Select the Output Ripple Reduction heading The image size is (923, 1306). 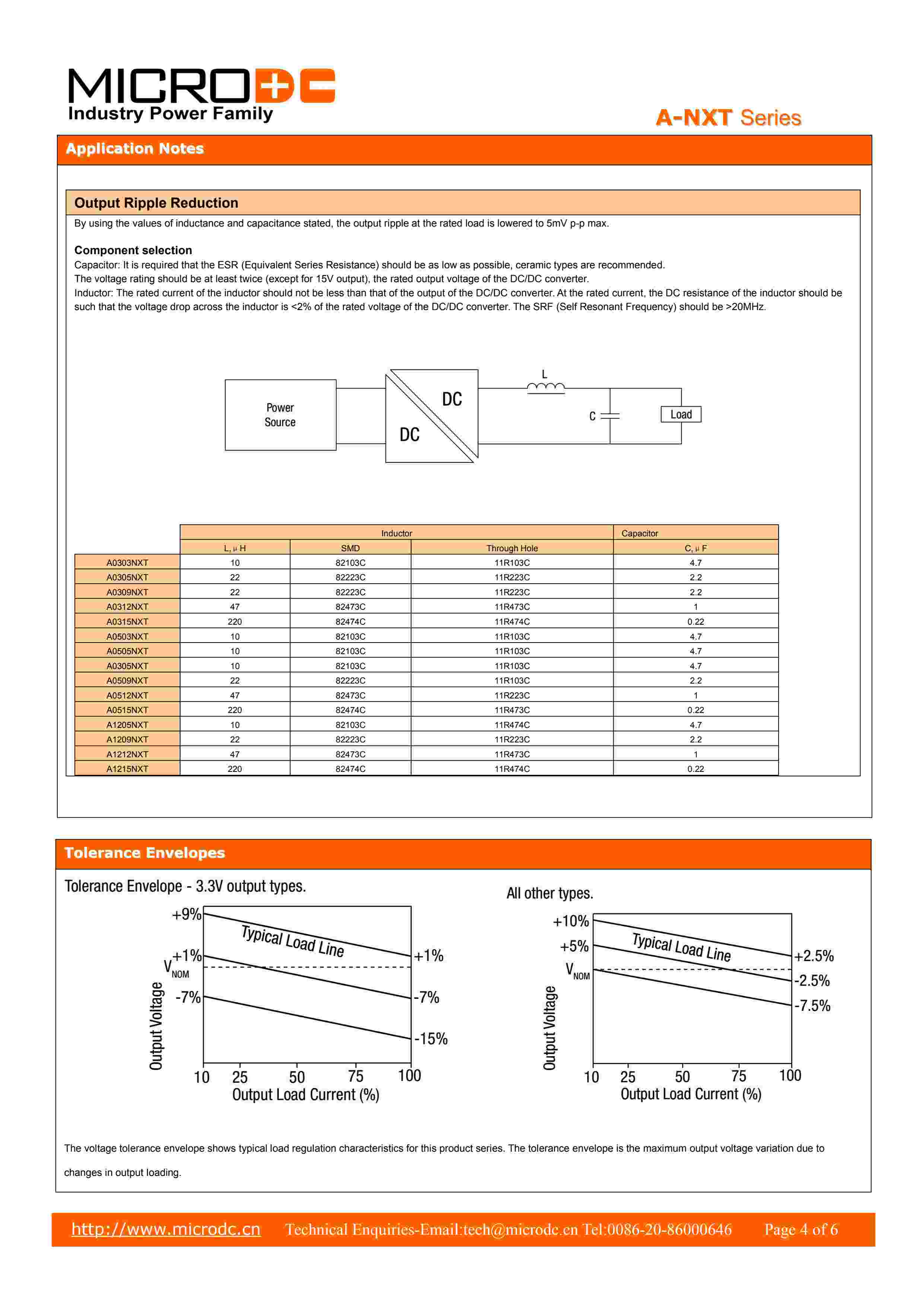tap(156, 203)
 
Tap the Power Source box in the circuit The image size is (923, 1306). tap(280, 415)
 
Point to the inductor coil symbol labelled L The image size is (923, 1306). tap(545, 388)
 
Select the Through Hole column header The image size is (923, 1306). tap(512, 548)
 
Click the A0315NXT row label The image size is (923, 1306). tap(127, 622)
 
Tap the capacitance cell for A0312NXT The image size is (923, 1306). tap(695, 607)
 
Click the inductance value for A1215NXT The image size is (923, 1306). tap(235, 769)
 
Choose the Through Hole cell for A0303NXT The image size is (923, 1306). tap(512, 562)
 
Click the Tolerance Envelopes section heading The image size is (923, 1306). tap(145, 853)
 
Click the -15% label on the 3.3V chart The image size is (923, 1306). tap(431, 1039)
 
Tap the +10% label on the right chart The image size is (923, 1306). tap(571, 921)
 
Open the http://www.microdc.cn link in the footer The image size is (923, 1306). tap(166, 1229)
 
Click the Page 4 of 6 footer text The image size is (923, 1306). tap(801, 1229)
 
